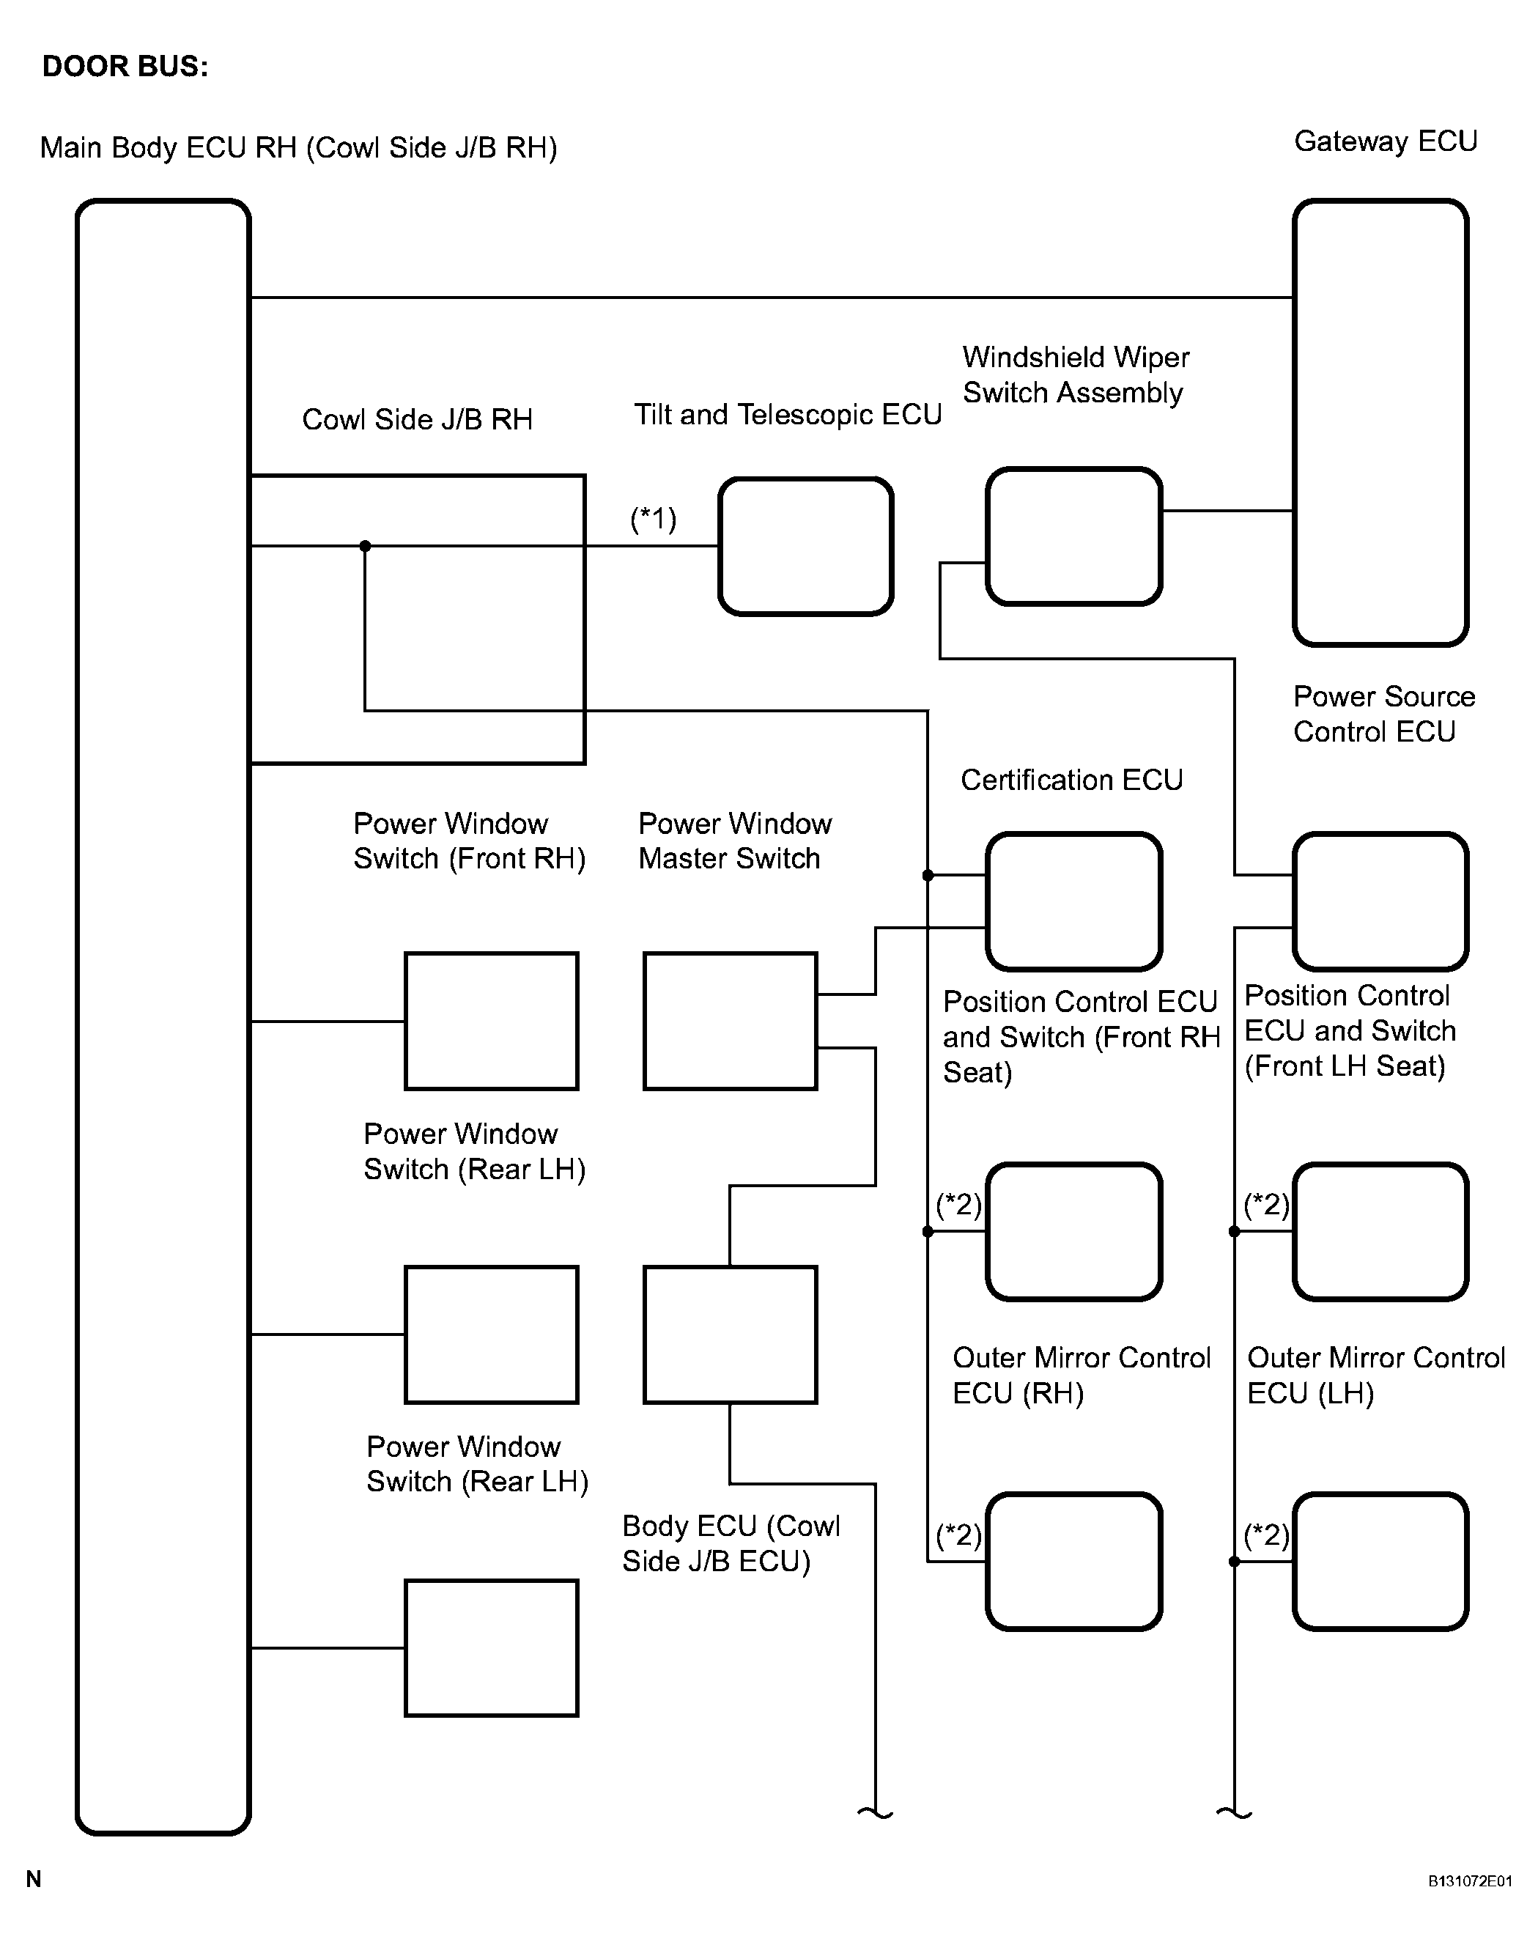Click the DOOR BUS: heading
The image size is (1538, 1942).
pyautogui.click(x=125, y=67)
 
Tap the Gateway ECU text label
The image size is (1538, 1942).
pyautogui.click(x=1385, y=141)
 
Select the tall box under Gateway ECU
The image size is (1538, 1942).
pyautogui.click(x=1380, y=422)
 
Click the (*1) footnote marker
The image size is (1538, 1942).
pyautogui.click(x=653, y=519)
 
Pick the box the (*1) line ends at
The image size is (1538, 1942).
pyautogui.click(x=805, y=547)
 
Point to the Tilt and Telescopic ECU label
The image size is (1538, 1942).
pyautogui.click(x=787, y=414)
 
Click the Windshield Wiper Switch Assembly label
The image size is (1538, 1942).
pyautogui.click(x=1075, y=374)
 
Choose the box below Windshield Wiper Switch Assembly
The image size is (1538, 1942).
pyautogui.click(x=1073, y=536)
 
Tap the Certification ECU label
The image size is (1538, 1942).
pyautogui.click(x=1071, y=780)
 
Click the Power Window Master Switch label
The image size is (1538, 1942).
pyautogui.click(x=734, y=841)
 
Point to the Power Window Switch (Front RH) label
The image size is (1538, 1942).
pyautogui.click(x=469, y=841)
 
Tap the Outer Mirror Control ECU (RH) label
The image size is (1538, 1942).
pyautogui.click(x=1081, y=1376)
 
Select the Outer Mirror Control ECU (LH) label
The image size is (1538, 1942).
pyautogui.click(x=1375, y=1376)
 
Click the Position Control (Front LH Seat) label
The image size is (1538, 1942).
pyautogui.click(x=1349, y=1030)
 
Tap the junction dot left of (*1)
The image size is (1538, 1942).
pyautogui.click(x=365, y=546)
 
